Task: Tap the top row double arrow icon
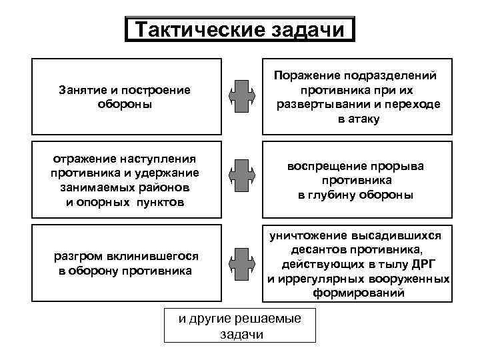tap(239, 97)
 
